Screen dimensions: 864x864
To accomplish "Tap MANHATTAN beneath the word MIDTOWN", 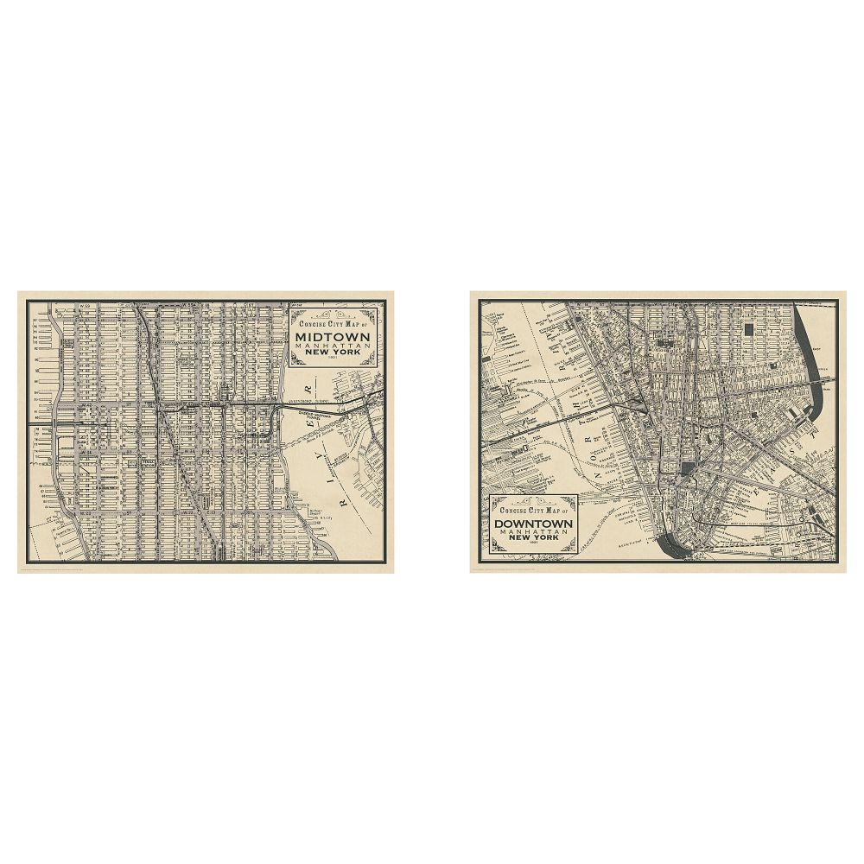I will [333, 346].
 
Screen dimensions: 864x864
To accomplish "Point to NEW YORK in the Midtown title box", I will [333, 353].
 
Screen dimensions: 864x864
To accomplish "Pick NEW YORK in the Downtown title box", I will [534, 539].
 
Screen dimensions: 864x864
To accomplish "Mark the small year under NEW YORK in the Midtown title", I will [333, 359].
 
